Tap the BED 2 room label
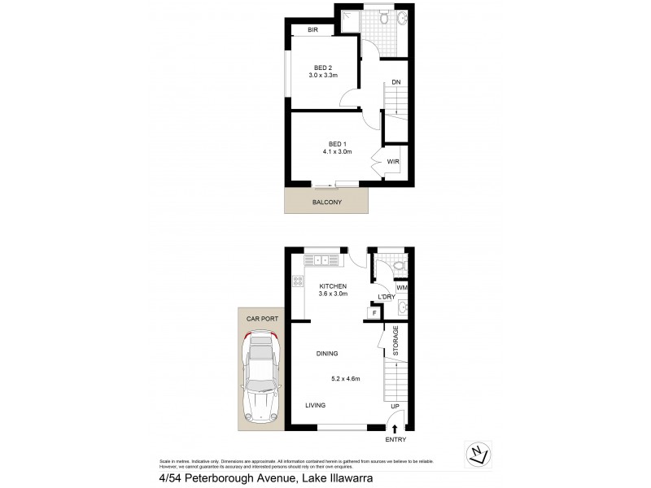tap(322, 68)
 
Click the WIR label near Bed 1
tap(393, 163)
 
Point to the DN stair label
tap(395, 82)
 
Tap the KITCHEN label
tap(334, 286)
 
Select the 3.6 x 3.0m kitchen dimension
tap(334, 294)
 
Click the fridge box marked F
tap(374, 312)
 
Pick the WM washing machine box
tap(401, 288)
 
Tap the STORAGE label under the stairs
tap(396, 340)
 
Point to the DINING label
tap(326, 353)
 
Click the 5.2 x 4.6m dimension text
tap(346, 377)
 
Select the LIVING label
tap(316, 405)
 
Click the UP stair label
tap(395, 406)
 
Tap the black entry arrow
tap(395, 428)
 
